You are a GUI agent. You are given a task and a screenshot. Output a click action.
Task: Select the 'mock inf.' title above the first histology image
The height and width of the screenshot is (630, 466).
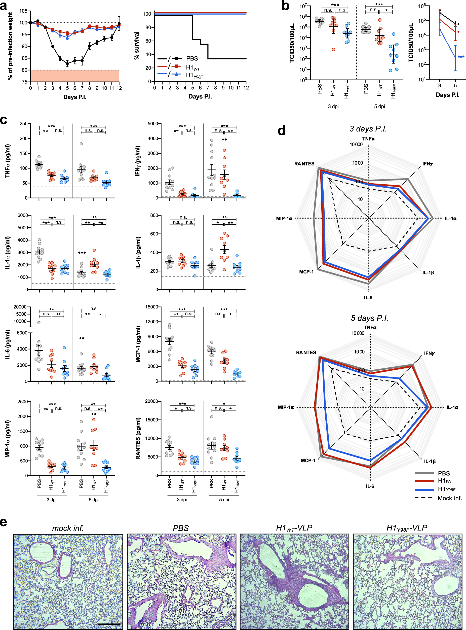coord(68,528)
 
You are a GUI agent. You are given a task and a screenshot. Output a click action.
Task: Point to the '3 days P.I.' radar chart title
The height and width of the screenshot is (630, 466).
coord(368,129)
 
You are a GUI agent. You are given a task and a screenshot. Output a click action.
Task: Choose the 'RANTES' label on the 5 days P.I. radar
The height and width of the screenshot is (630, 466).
coord(306,353)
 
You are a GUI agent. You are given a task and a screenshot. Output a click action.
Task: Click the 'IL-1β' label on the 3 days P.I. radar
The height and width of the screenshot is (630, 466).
coord(428,272)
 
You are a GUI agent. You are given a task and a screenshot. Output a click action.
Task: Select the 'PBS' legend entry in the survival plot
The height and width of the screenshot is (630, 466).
coord(192,58)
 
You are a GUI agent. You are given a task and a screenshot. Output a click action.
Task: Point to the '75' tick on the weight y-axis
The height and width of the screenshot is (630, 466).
coord(25,82)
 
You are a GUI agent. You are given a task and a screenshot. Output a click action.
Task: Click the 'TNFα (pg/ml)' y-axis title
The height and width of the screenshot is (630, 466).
coord(8,161)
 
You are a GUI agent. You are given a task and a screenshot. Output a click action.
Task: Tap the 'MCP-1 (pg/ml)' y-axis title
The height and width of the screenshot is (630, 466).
coord(138,344)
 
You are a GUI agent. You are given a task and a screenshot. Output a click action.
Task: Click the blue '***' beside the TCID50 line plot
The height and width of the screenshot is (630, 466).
coord(461,57)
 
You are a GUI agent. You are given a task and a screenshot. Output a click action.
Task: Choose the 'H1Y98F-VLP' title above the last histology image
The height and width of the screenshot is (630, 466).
coord(407,528)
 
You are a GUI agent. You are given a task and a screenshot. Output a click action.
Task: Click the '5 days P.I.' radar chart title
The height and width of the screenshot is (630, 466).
coord(370,318)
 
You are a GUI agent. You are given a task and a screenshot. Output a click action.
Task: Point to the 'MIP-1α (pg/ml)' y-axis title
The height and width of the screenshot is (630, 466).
coord(8,439)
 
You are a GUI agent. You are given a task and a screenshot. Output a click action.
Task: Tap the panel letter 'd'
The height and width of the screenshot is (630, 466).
coord(281,130)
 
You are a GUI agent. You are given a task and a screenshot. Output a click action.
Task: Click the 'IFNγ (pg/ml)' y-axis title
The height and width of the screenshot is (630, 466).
coord(138,161)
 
